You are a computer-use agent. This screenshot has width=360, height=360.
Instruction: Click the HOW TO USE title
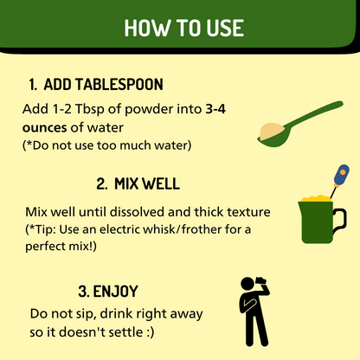pos(184,28)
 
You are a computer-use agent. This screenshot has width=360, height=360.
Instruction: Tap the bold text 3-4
pos(215,109)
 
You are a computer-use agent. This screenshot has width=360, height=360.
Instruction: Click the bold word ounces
pos(45,128)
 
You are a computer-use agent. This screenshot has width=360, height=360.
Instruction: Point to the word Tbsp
pos(89,110)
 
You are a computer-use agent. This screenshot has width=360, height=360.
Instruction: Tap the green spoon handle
pos(314,114)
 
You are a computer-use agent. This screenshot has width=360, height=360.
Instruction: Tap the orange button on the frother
pos(343,172)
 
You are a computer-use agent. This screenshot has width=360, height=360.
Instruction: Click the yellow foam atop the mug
pos(315,198)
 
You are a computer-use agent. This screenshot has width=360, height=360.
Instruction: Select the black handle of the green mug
pos(340,221)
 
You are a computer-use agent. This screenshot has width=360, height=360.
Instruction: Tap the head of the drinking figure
pos(247,285)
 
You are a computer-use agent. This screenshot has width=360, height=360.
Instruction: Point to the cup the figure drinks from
pos(260,281)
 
